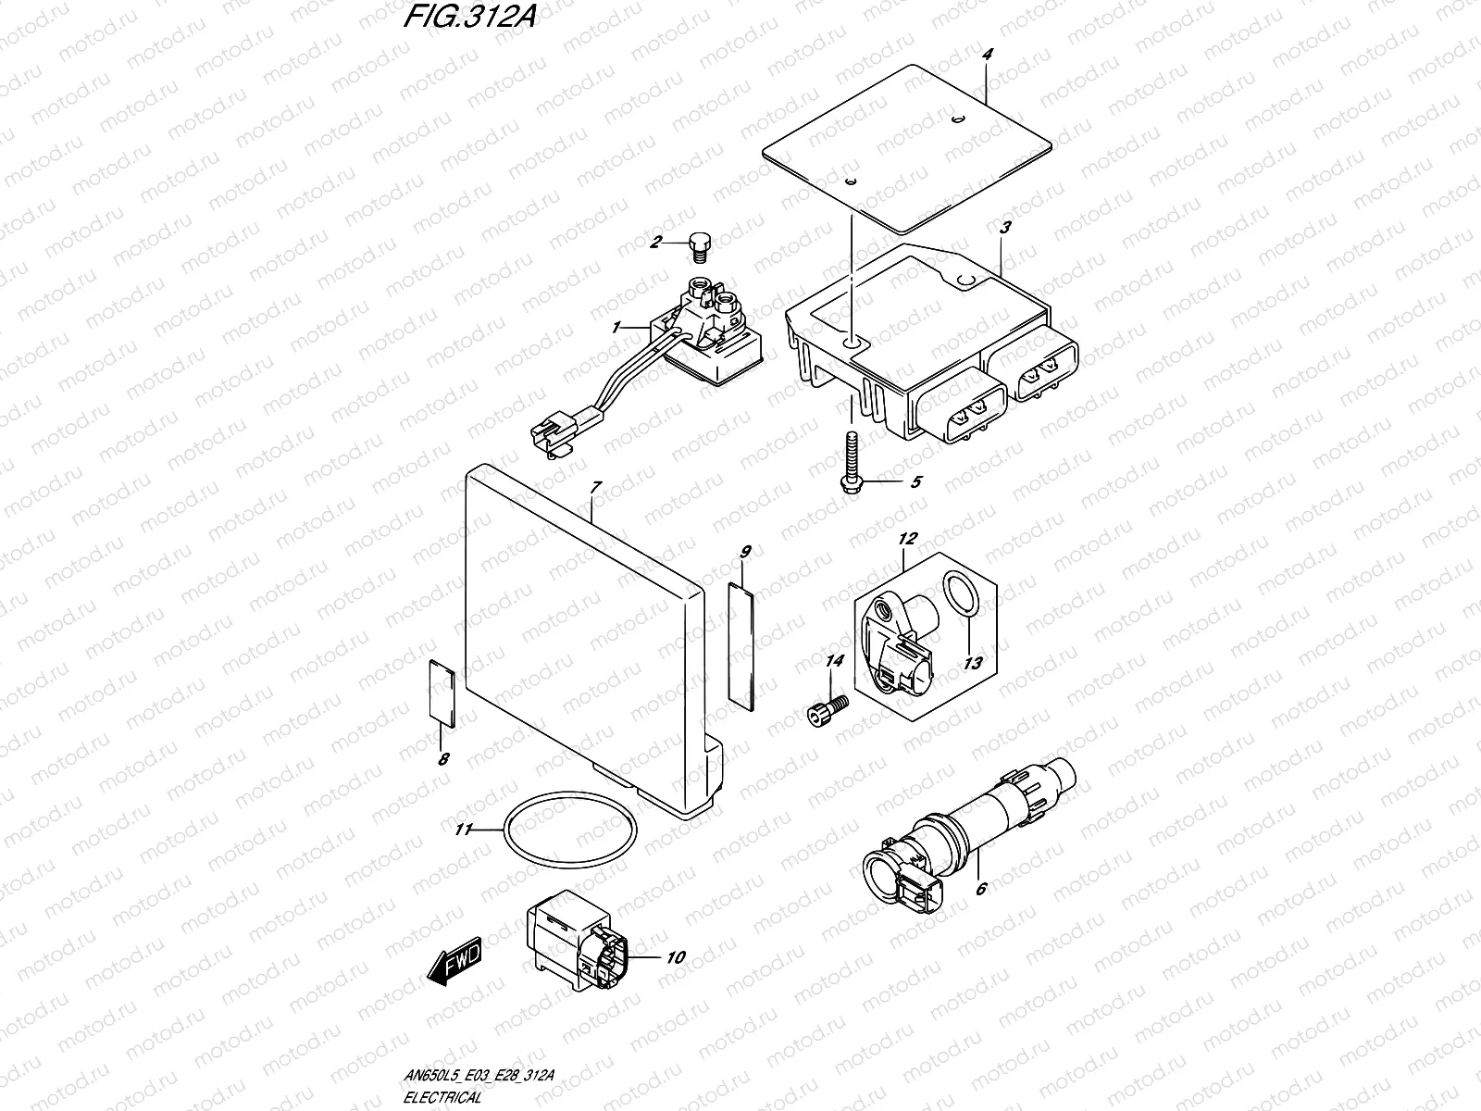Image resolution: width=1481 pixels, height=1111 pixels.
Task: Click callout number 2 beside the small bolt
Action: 655,243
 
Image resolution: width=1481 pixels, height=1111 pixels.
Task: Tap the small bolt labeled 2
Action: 699,244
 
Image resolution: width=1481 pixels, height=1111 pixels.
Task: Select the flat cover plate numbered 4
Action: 907,148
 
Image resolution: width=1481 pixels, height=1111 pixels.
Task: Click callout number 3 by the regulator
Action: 1006,227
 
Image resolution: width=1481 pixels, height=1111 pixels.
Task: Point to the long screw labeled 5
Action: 850,458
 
